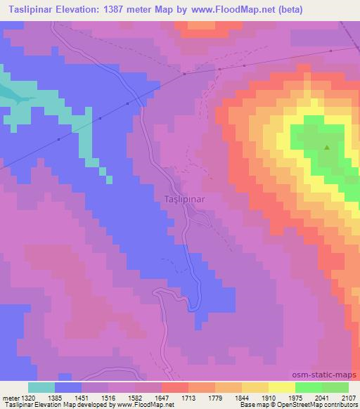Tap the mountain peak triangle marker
click(x=327, y=148)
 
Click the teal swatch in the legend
click(x=41, y=387)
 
